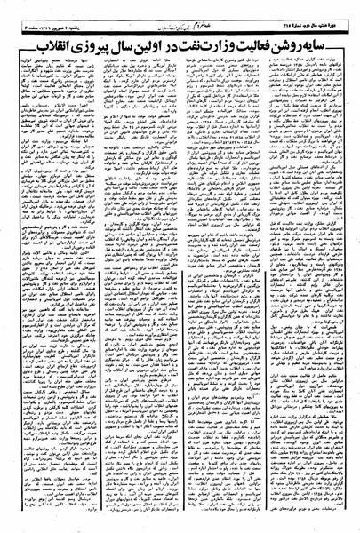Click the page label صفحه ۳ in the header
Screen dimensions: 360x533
tap(13, 20)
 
